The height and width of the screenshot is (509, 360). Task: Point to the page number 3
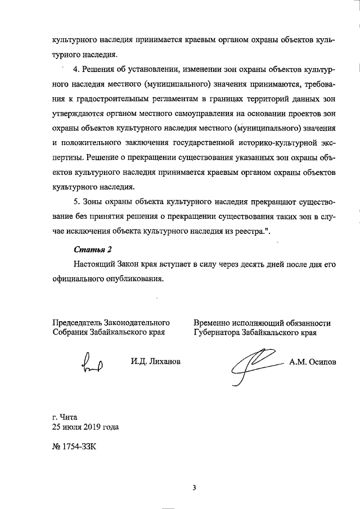tap(193, 487)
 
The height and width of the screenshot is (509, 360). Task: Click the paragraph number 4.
tap(77, 84)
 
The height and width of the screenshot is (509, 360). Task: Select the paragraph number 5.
tap(77, 201)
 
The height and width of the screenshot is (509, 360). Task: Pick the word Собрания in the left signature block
tap(70, 332)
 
